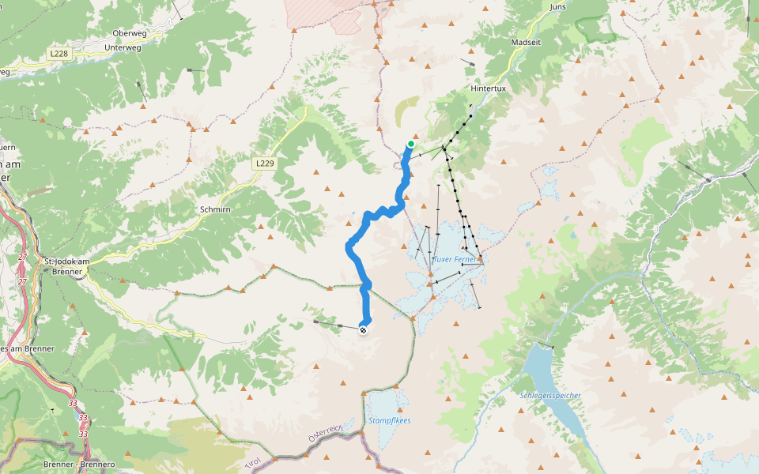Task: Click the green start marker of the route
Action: point(411,144)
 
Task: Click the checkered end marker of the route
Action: point(363,330)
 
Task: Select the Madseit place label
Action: point(526,43)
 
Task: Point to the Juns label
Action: point(557,6)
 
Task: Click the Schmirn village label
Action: point(215,210)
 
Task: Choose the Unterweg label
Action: point(123,47)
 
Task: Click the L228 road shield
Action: point(59,54)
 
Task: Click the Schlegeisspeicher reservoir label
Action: point(550,395)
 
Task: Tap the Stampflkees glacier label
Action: point(390,420)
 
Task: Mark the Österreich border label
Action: point(325,432)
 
